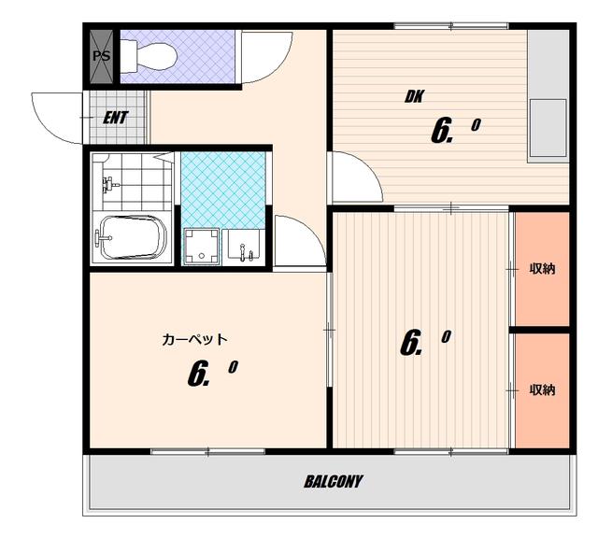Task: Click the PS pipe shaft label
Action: tap(102, 56)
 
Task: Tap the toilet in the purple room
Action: tap(149, 56)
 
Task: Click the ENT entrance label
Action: tap(115, 118)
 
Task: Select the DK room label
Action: tap(414, 96)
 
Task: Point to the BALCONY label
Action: tap(333, 482)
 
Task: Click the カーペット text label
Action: tap(194, 339)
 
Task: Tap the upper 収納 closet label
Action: tap(542, 269)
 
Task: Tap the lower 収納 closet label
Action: tap(542, 389)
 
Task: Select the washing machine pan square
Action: tap(201, 247)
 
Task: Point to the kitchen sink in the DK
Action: tap(548, 128)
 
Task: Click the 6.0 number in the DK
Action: tap(455, 131)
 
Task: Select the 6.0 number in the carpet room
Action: tap(212, 373)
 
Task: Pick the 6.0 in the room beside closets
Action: tap(425, 343)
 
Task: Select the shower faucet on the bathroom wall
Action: tap(109, 185)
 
